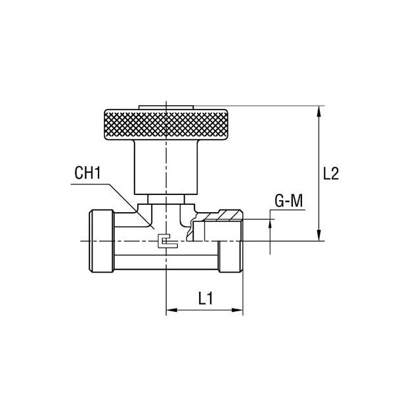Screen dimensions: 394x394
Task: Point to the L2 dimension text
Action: (332, 174)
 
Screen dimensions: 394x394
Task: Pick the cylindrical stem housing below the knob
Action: (167, 167)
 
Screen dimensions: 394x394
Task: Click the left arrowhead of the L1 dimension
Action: (173, 311)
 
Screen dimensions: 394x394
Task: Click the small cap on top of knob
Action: (167, 106)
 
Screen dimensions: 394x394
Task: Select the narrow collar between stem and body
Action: (167, 200)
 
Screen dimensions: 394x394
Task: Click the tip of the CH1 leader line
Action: (152, 228)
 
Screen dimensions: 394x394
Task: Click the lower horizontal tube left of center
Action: (141, 264)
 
